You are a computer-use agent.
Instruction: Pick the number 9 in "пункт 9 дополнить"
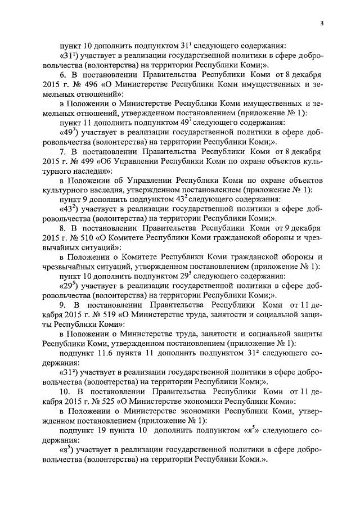[x=86, y=199]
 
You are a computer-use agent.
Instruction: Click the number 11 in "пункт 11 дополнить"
[x=88, y=123]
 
